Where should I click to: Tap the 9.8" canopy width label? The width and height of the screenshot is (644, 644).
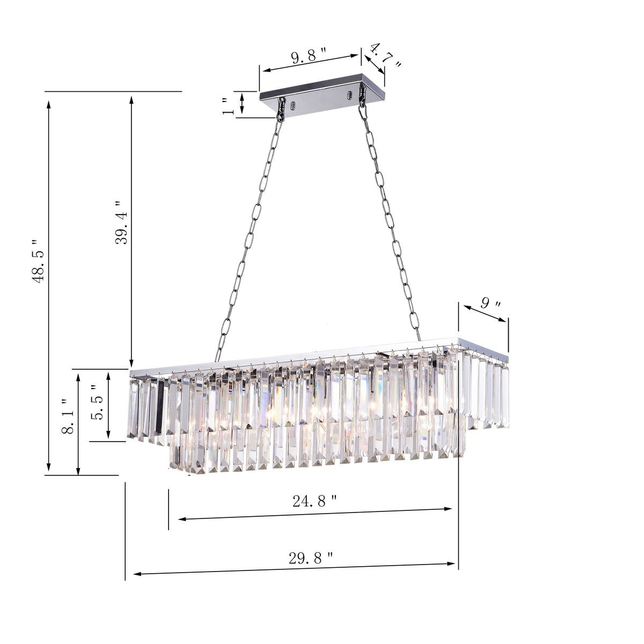coord(309,56)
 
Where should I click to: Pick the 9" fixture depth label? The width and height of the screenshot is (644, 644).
coord(491,304)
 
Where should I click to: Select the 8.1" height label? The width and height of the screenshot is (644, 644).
coord(68,416)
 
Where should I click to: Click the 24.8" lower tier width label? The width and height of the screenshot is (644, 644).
coord(315,501)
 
